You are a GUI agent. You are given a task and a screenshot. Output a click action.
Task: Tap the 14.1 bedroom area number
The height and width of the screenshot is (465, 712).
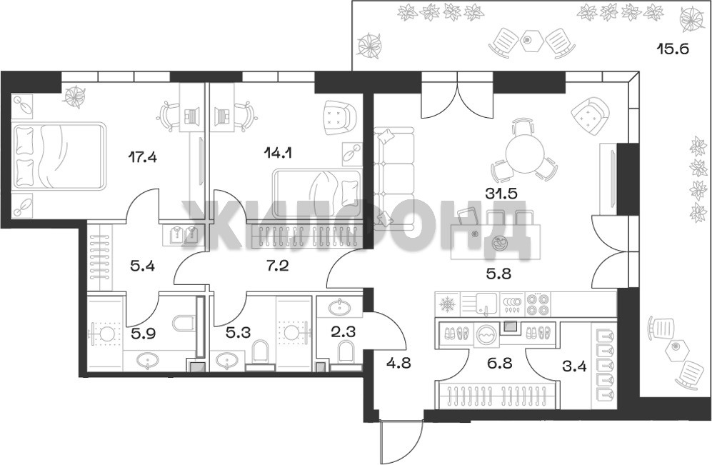point(277,153)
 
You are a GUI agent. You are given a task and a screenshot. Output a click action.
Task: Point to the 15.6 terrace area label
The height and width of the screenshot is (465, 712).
point(673,48)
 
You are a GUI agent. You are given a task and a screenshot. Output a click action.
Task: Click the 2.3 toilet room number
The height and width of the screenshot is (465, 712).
point(343,332)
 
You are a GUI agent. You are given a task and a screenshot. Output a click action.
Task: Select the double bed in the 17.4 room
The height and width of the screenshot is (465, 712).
point(59,155)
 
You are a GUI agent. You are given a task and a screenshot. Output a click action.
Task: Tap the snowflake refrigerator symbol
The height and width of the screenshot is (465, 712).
point(447,304)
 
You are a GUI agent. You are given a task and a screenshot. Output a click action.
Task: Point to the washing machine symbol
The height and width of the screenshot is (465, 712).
point(486,336)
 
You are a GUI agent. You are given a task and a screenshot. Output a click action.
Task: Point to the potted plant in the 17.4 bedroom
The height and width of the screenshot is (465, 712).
point(75,96)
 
